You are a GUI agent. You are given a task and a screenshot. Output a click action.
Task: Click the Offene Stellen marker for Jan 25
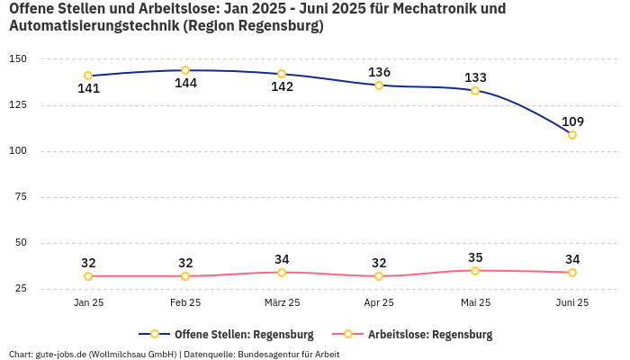88,76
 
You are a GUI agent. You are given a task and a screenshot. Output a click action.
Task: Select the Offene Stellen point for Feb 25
185,70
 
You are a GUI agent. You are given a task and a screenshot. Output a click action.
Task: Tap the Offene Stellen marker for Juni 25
572,135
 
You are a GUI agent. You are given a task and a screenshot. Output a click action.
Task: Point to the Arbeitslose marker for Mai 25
475,270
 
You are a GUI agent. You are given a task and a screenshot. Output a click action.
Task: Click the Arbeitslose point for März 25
282,272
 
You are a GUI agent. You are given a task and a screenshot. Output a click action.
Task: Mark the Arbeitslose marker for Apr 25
379,276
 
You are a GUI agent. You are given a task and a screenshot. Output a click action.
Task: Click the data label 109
572,121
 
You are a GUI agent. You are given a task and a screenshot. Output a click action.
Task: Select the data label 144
185,84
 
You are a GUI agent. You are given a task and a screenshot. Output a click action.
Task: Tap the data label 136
379,72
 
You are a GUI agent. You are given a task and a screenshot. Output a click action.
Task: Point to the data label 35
475,257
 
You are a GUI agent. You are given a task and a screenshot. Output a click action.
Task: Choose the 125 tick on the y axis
18,105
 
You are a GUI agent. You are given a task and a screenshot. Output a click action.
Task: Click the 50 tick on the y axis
20,243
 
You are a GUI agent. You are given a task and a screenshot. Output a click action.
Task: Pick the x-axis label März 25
282,303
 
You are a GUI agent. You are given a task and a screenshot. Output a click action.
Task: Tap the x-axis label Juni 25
572,303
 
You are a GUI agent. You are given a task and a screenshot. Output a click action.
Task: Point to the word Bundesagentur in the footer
266,354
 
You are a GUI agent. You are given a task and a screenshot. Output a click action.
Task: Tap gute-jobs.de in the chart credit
62,354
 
